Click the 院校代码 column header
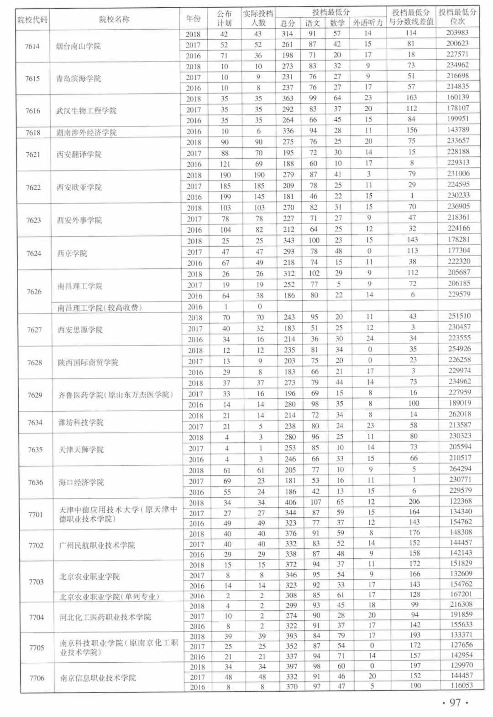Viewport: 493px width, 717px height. tap(32, 20)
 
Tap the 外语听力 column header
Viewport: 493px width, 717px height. tap(367, 23)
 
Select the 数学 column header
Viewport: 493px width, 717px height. tap(336, 23)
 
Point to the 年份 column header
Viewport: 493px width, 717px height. tap(193, 19)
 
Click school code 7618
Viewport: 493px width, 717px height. tap(33, 133)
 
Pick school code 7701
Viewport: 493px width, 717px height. tap(36, 514)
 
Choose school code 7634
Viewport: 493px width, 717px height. tap(35, 423)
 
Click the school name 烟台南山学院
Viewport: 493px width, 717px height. tap(78, 46)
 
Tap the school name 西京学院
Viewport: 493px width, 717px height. tap(72, 253)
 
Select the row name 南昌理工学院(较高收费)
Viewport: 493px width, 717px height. tap(100, 308)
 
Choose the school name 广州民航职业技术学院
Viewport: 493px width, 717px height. tap(97, 545)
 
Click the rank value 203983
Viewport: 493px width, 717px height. tap(457, 33)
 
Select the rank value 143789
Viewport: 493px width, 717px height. tap(458, 130)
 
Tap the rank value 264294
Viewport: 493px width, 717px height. tap(460, 469)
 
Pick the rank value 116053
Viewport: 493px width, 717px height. tap(461, 685)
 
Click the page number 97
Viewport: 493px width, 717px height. tap(455, 702)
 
